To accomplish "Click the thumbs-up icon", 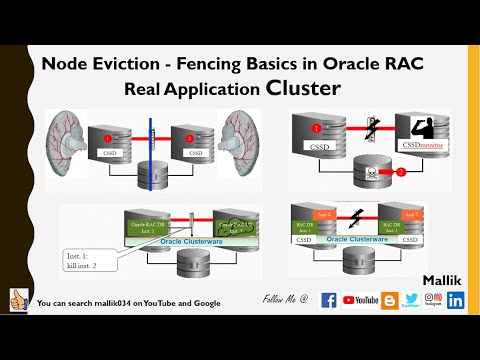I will [x=17, y=300].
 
